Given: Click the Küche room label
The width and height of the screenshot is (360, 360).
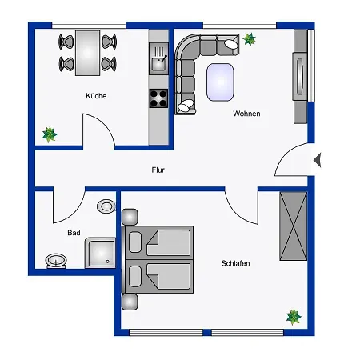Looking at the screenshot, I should [96, 96].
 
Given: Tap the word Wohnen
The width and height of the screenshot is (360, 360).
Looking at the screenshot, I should [246, 114].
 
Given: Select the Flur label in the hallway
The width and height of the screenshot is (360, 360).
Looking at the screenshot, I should [158, 170].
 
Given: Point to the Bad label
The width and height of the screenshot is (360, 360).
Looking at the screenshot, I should [74, 234].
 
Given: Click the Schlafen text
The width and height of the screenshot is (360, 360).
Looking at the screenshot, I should [238, 263].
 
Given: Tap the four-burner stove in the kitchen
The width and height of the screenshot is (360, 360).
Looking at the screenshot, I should [158, 99].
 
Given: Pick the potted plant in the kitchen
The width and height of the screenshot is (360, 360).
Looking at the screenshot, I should [50, 134].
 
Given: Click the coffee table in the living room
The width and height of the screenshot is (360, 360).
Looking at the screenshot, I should [221, 82].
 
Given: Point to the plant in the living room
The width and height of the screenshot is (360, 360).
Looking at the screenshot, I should [250, 39].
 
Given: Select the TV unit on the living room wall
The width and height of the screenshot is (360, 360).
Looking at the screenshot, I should [301, 77].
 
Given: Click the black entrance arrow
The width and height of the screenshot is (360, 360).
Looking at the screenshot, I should [317, 160].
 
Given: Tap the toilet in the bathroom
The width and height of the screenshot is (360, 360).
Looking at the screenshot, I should [105, 206].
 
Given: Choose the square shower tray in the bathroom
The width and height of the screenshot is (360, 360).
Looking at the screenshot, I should [102, 253].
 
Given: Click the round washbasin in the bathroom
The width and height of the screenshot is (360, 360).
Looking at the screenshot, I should [54, 259].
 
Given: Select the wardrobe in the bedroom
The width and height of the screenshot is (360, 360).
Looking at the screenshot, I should [293, 226].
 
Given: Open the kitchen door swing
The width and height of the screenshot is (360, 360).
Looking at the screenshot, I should [100, 130].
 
